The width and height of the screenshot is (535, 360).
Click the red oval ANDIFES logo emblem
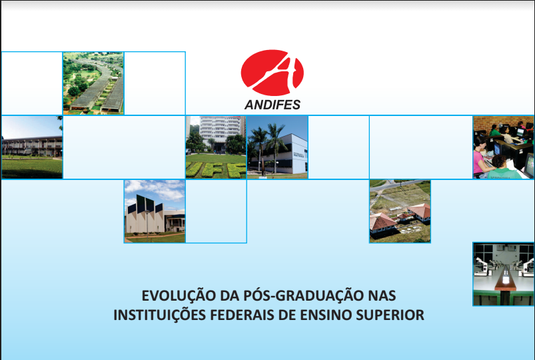272,73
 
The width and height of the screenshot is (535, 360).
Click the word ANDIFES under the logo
272,105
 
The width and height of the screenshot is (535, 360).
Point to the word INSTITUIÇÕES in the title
160,315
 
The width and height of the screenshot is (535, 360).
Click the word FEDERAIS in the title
242,315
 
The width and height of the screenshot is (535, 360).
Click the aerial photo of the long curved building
93,83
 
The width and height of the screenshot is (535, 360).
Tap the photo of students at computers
504,147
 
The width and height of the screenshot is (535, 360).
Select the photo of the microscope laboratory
504,274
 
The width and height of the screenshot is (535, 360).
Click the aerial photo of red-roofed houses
400,211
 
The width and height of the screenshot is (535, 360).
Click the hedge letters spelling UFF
217,170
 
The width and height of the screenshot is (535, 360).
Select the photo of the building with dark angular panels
155,211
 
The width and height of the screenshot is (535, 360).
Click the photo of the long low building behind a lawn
32,147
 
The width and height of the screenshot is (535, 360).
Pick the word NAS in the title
382,295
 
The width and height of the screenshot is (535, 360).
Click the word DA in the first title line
229,295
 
